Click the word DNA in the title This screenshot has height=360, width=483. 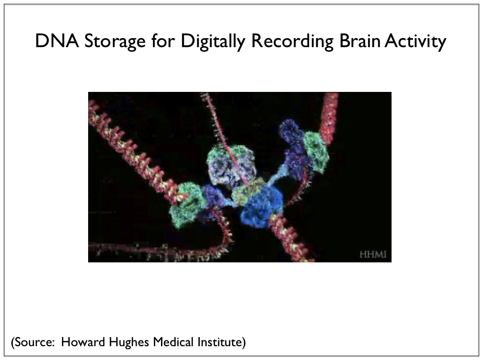click(x=57, y=41)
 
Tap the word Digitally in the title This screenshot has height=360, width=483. click(x=213, y=41)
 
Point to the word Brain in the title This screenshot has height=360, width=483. click(x=360, y=41)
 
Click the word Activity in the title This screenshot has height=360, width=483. click(x=415, y=41)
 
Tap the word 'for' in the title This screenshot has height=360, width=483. click(x=163, y=40)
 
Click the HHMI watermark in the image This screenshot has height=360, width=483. click(x=372, y=254)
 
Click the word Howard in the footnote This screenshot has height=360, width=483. click(x=83, y=342)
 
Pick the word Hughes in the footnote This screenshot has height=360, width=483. click(x=129, y=342)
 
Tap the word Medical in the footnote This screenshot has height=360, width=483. click(x=173, y=342)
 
